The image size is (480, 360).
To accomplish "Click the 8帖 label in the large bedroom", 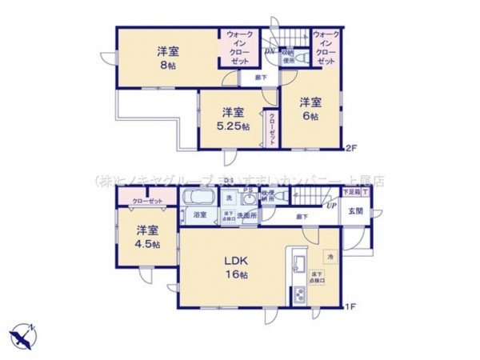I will point(168,65).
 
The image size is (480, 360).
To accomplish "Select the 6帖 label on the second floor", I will point(310,115).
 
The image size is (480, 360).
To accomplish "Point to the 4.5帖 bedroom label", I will point(144,244).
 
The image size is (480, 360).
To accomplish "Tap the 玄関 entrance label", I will point(356,211).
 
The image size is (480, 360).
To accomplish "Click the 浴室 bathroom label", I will point(200,214).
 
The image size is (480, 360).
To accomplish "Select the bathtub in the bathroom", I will point(200,198).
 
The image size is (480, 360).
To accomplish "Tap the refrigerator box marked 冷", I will point(330,256).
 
